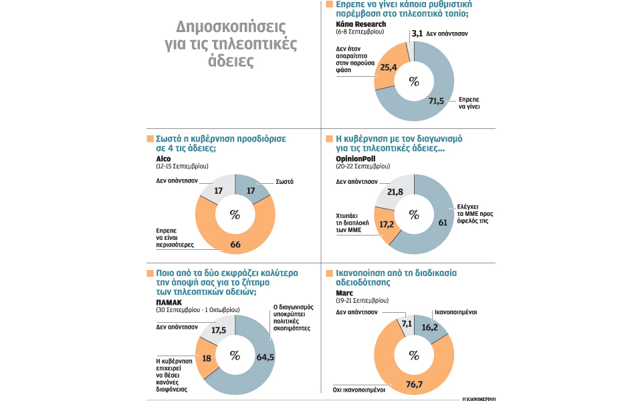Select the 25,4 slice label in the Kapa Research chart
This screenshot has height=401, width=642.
(x=389, y=67)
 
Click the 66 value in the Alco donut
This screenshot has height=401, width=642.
(x=235, y=245)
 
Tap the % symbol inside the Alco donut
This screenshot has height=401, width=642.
(x=235, y=214)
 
